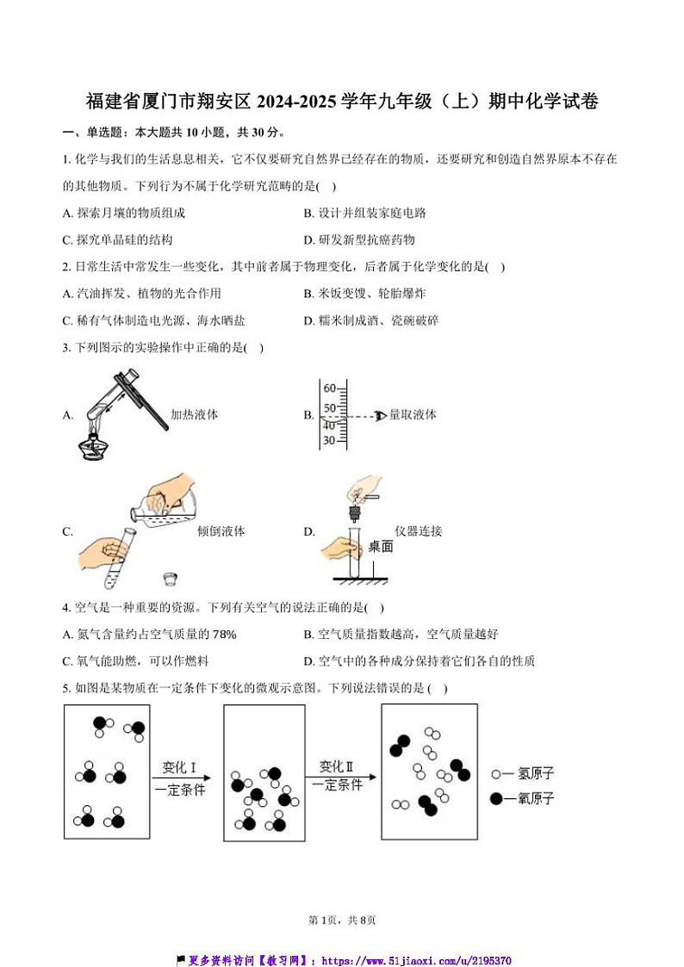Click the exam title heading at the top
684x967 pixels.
pyautogui.click(x=342, y=102)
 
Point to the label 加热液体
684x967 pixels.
pyautogui.click(x=194, y=415)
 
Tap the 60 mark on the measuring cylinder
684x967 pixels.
pyautogui.click(x=329, y=388)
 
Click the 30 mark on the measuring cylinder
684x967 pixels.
pyautogui.click(x=329, y=441)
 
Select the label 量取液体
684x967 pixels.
pyautogui.click(x=413, y=415)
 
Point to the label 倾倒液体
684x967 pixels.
pyautogui.click(x=221, y=531)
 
